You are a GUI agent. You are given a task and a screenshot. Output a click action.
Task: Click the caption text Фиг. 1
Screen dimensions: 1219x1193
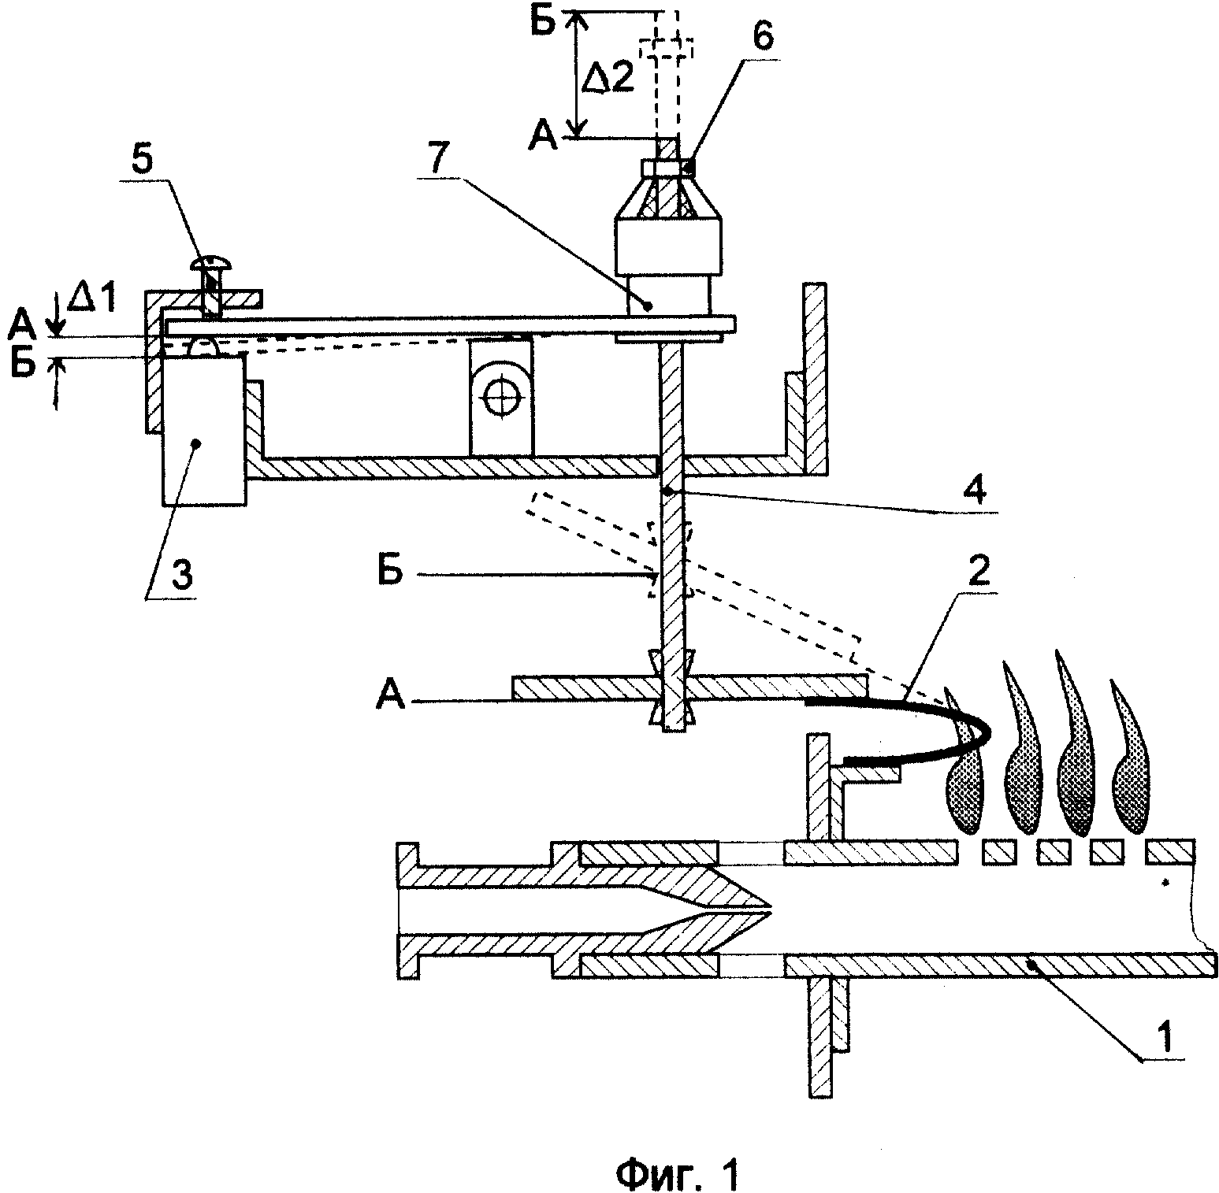point(678,1157)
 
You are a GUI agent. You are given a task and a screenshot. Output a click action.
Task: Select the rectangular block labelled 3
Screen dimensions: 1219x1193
point(203,429)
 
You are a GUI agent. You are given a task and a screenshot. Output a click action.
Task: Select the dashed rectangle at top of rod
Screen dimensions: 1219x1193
point(665,49)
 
